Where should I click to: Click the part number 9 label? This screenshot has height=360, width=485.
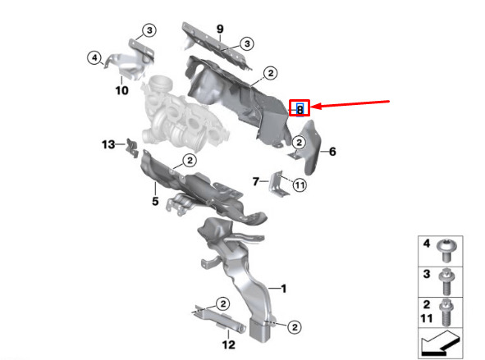coord(220,29)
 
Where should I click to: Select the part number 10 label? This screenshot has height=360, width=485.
coord(122,90)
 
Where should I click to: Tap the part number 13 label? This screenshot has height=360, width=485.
coord(108,144)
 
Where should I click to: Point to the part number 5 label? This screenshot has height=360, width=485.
coord(155,201)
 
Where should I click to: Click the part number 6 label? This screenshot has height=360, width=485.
coord(332,152)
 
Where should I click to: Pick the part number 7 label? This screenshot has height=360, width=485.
coord(255,181)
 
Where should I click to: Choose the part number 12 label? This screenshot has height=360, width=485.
coord(229,344)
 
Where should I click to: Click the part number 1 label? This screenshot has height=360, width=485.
coord(283,289)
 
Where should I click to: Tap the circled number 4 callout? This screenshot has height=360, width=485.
coord(94,57)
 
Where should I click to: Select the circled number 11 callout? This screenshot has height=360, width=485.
coord(299,185)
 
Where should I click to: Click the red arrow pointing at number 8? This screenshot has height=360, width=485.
coord(350,105)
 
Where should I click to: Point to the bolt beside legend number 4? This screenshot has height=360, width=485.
coord(445,250)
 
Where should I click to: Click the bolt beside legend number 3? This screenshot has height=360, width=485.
coord(446,281)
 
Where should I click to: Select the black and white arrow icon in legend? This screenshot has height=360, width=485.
coord(441,344)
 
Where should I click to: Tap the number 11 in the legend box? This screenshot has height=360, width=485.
coord(427,318)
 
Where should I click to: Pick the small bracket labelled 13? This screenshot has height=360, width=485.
coord(132,148)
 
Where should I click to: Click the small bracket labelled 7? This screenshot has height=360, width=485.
coord(279,184)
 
